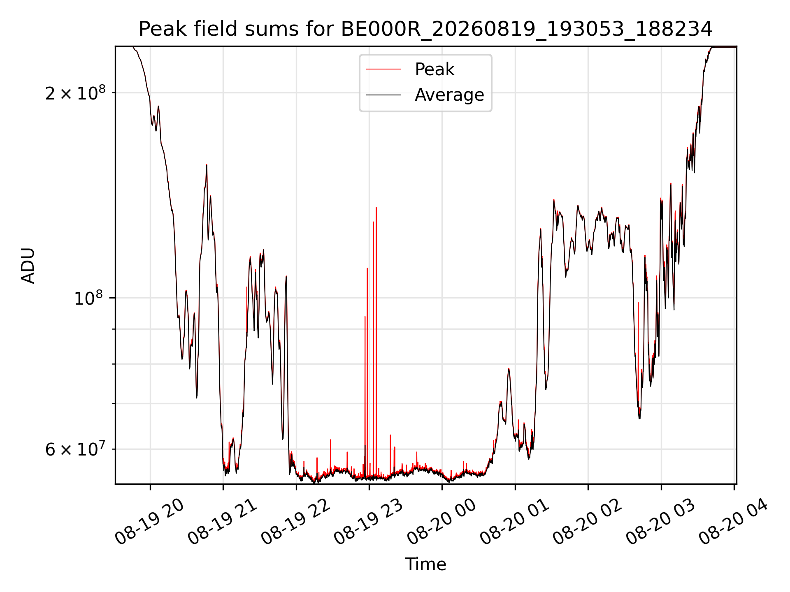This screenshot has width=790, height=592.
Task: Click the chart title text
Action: pyautogui.click(x=425, y=29)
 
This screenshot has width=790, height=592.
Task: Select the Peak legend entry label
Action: pyautogui.click(x=434, y=69)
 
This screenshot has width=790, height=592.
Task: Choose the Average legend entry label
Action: pyautogui.click(x=449, y=95)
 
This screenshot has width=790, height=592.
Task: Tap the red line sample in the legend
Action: pyautogui.click(x=383, y=69)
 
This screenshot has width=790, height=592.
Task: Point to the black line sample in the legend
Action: pyautogui.click(x=383, y=95)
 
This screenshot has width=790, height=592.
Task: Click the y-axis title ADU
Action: pyautogui.click(x=28, y=266)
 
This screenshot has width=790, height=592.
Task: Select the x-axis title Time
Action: pyautogui.click(x=425, y=564)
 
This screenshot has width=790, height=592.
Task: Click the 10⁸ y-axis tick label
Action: pyautogui.click(x=88, y=298)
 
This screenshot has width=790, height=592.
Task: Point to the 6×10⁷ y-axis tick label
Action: pyautogui.click(x=75, y=449)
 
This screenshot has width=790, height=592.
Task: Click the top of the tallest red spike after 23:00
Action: pyautogui.click(x=376, y=208)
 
